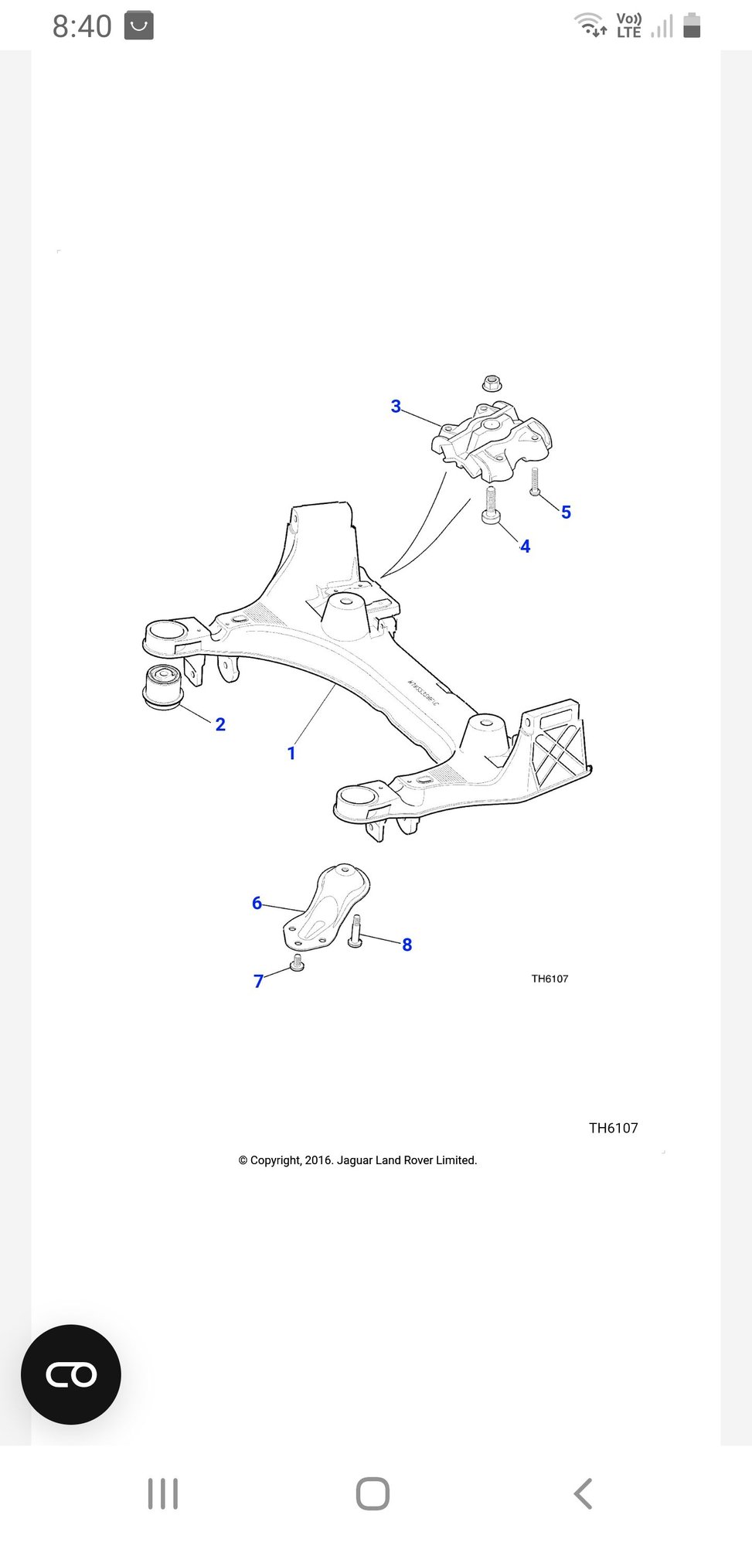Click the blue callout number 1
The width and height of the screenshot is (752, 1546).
pos(291,753)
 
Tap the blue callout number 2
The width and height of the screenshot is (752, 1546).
pos(220,724)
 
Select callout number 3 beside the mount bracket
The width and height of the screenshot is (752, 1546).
pos(396,406)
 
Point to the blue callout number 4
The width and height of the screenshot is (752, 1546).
pos(526,547)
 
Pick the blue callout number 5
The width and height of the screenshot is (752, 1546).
pos(567,512)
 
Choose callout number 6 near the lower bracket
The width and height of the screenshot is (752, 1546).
pos(257,903)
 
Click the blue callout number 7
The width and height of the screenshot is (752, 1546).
pos(259,981)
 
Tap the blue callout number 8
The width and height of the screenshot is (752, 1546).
pos(407,945)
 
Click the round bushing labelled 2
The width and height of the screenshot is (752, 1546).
pos(163,686)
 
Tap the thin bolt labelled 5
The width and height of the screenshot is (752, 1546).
pos(534,481)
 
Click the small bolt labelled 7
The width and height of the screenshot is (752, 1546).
pos(297,963)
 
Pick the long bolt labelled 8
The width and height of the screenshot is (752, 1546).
pos(356,931)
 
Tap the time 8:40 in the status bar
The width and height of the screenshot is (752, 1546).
pos(82,26)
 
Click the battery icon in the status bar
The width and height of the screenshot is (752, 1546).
pos(692,26)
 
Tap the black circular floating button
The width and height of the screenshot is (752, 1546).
pos(71,1374)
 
